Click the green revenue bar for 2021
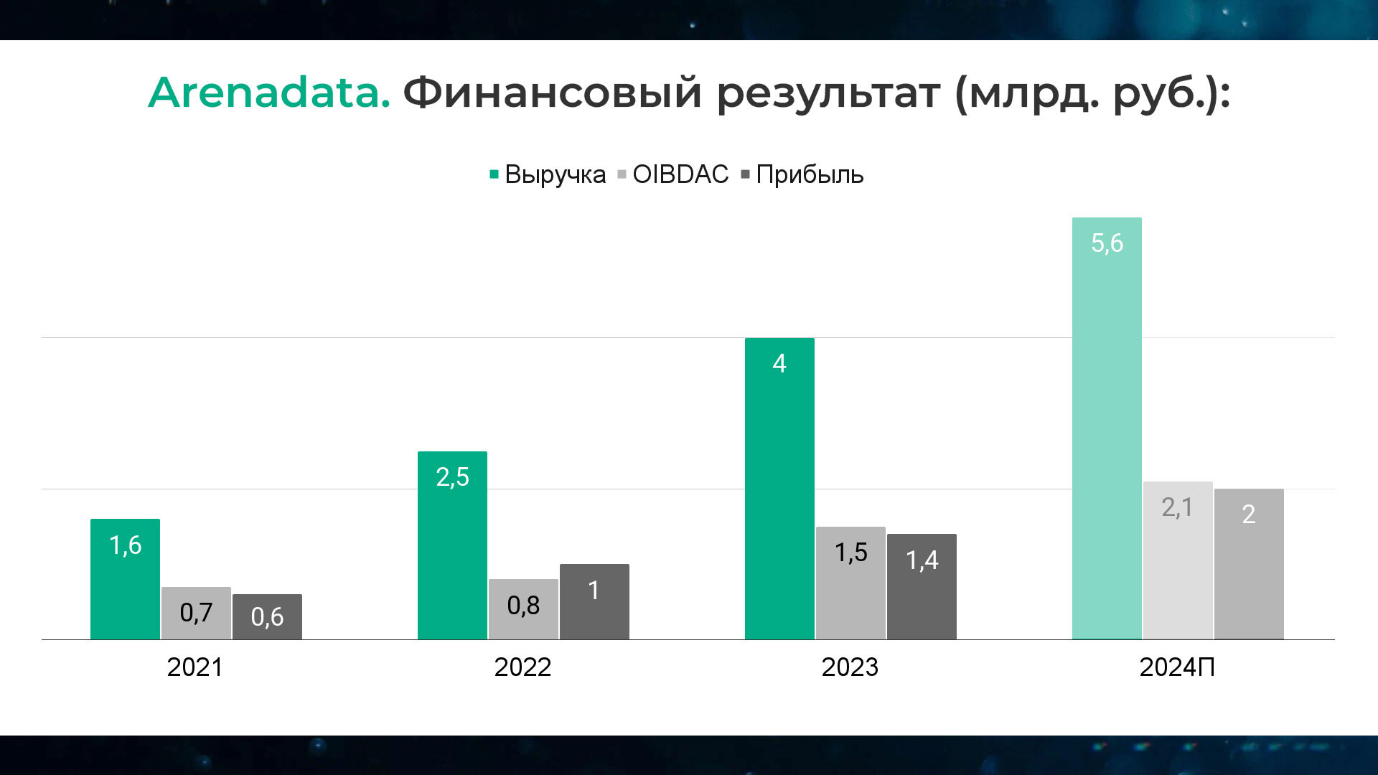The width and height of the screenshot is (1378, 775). click(125, 579)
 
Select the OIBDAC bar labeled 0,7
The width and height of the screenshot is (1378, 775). click(196, 613)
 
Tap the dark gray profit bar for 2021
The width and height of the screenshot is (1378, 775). click(267, 616)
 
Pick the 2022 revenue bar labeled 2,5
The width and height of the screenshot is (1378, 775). click(452, 545)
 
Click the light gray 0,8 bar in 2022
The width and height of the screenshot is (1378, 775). click(523, 609)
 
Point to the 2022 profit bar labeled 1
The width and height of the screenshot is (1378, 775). click(594, 601)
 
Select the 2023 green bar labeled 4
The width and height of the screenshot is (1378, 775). click(779, 489)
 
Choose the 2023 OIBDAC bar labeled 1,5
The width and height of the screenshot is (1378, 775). click(850, 583)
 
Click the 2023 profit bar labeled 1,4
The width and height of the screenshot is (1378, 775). click(922, 586)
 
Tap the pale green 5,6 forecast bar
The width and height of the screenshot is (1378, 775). click(1107, 428)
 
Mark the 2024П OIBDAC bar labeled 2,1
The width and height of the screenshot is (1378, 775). click(1178, 560)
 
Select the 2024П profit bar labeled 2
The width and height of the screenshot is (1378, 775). click(1249, 564)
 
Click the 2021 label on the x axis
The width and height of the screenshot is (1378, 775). click(195, 667)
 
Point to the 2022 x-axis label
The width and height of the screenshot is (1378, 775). click(522, 667)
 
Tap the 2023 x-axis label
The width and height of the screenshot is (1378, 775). click(850, 667)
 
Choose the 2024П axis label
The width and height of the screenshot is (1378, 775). click(1177, 667)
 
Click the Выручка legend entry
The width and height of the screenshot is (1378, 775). click(548, 174)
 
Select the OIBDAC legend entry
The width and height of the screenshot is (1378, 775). click(673, 174)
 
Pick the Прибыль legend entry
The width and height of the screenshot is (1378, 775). click(802, 174)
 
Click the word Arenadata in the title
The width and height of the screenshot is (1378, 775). click(269, 93)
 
